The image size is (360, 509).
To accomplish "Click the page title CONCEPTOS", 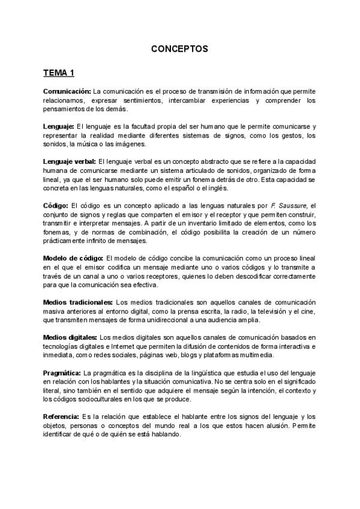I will [179, 49].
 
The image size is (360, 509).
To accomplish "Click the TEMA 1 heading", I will [59, 73].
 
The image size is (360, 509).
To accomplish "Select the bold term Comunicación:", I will [67, 91].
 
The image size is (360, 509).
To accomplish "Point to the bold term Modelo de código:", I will [73, 258].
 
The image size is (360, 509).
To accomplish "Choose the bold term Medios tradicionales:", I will [78, 302].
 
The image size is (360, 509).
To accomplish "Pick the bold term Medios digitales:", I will [70, 337].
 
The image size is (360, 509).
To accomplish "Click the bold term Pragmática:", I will [62, 373].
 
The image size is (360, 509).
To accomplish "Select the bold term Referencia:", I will [61, 416].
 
